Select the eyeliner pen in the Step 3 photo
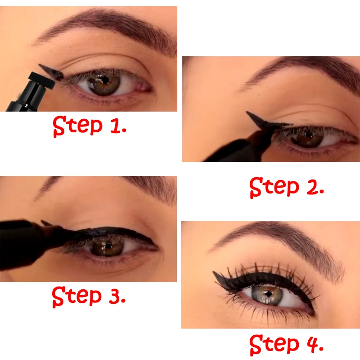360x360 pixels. point(27,241)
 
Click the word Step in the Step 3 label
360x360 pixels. point(76,297)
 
